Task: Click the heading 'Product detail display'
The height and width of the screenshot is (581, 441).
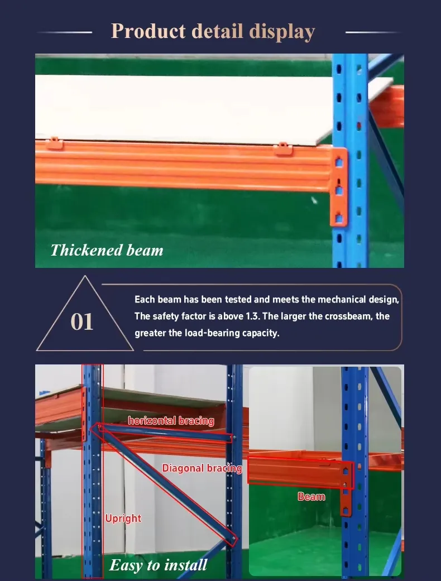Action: [x=213, y=31]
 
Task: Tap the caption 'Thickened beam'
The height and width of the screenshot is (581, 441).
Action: [x=107, y=250]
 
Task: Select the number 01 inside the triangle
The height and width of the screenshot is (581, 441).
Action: [x=82, y=323]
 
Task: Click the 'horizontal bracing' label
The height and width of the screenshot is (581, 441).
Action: [x=171, y=421]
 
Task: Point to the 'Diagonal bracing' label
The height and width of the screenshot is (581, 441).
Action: [x=202, y=468]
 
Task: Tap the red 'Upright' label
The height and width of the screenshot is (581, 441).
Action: [x=123, y=518]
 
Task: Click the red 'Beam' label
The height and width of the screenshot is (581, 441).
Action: [x=311, y=496]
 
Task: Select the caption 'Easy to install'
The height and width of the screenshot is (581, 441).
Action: [x=158, y=565]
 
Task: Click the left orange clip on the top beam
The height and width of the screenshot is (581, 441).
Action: [x=53, y=143]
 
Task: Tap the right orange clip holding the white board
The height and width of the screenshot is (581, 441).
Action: [x=283, y=148]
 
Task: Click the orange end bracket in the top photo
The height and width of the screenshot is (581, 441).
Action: [x=339, y=187]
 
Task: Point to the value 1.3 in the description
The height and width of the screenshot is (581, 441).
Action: [x=252, y=316]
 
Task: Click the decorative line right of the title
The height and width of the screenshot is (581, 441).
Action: [x=373, y=32]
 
